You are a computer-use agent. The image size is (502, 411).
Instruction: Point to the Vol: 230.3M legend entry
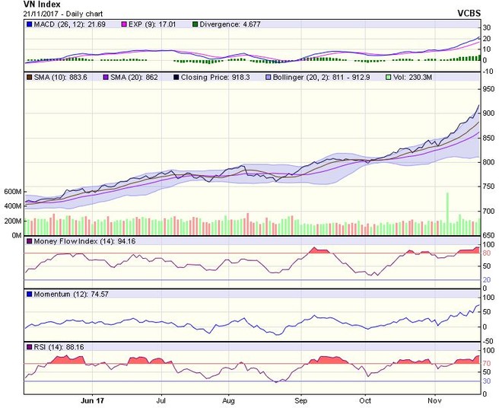415,77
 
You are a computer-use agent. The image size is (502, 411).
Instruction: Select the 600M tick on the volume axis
11,192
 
